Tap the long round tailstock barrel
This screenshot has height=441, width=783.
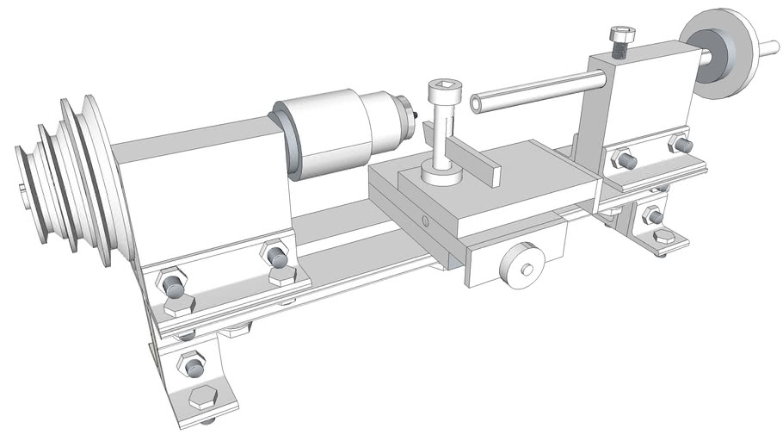[x=533, y=90]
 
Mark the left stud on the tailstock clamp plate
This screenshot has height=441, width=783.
[x=623, y=159]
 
